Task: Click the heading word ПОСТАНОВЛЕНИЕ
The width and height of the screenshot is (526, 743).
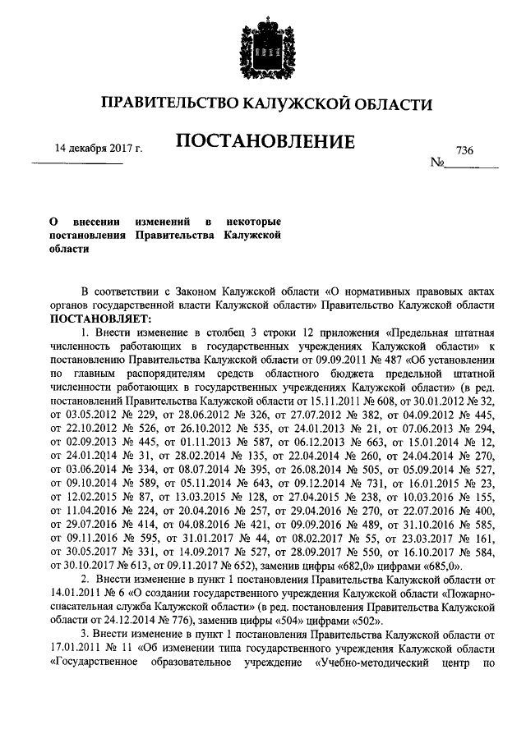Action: [x=265, y=143]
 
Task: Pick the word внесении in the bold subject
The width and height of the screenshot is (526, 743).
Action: [x=98, y=222]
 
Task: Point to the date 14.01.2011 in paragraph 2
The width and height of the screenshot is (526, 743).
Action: [x=79, y=593]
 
